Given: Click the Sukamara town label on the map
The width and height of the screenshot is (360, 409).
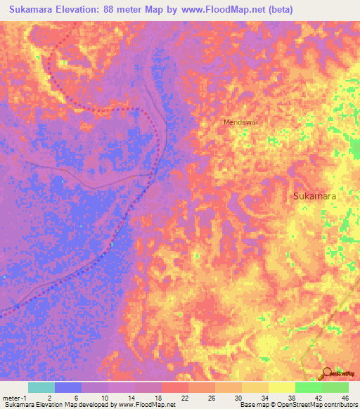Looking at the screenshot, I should [x=314, y=197].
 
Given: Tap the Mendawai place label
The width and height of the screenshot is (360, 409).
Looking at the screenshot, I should [x=240, y=122].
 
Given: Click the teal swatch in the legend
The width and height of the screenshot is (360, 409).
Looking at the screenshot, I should [x=41, y=387].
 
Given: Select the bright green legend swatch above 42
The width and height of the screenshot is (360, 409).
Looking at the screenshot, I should [x=309, y=387].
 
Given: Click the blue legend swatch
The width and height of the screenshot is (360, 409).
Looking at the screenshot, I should [x=68, y=387].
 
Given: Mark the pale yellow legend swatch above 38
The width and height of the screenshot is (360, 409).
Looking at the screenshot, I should [x=282, y=387].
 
